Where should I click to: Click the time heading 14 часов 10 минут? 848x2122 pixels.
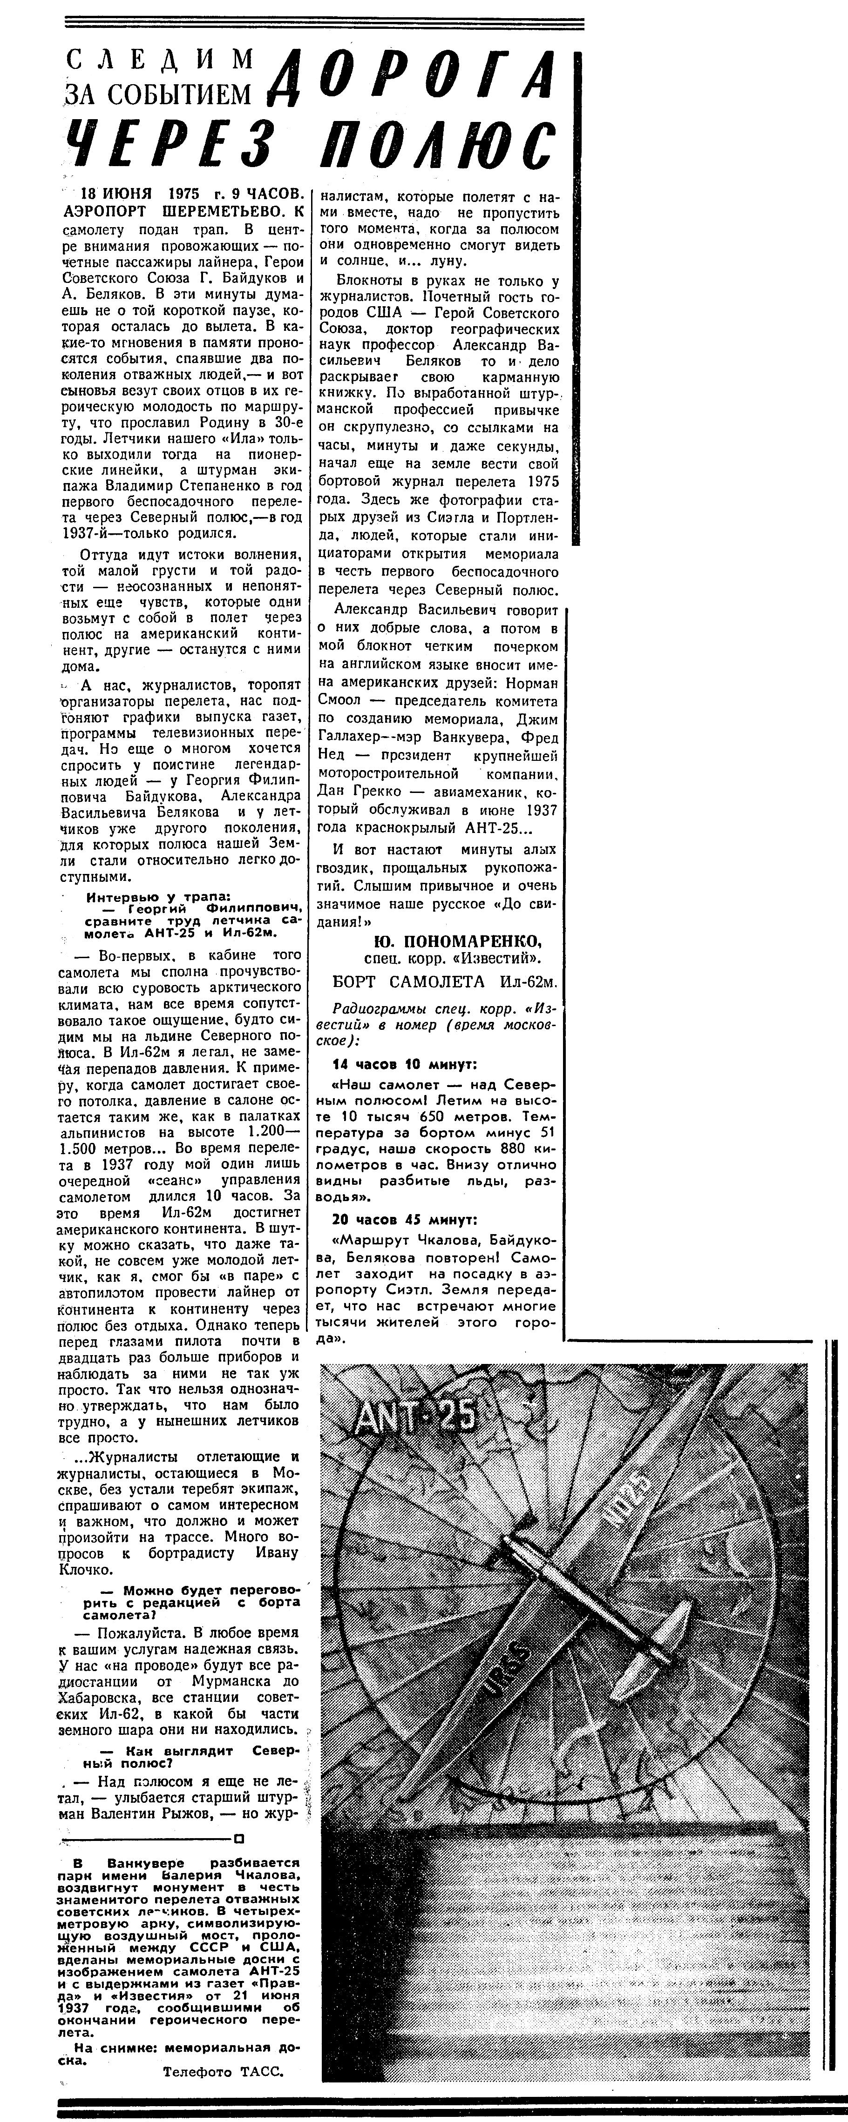[404, 1064]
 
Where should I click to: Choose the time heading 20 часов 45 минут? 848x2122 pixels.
[404, 1220]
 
